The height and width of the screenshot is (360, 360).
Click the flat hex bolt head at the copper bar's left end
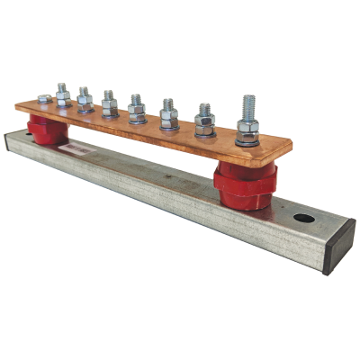point(44,98)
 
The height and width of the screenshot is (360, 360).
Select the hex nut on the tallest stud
point(248,125)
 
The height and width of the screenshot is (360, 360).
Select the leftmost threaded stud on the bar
point(63,93)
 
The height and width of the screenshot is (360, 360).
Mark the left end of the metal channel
point(11,144)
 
